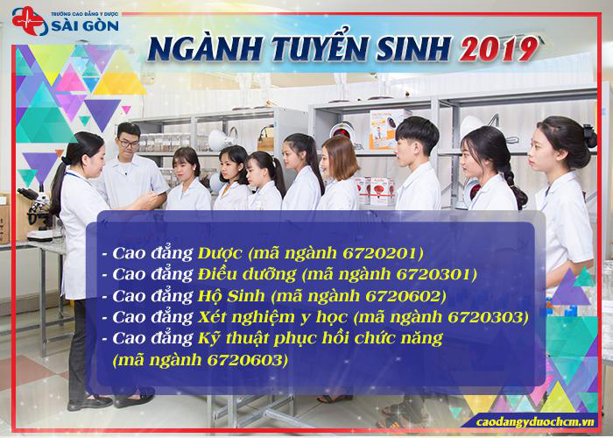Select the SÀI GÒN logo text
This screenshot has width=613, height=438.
(x=85, y=25)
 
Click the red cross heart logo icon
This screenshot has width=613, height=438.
(x=29, y=21)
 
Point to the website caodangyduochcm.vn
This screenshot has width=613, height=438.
(x=535, y=422)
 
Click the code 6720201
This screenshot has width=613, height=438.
(x=382, y=254)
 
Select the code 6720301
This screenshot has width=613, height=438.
(x=435, y=274)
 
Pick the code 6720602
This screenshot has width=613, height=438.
(x=405, y=296)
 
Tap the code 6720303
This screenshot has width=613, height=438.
(x=486, y=317)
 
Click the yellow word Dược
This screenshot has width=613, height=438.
(x=220, y=254)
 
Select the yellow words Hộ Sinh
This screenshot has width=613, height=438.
(x=231, y=296)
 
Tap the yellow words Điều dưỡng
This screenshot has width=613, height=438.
(x=247, y=274)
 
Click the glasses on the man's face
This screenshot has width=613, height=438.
(x=129, y=144)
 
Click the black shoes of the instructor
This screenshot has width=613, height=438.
(x=110, y=401)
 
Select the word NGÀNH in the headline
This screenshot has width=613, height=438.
(x=205, y=49)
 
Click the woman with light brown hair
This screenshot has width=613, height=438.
(x=339, y=173)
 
